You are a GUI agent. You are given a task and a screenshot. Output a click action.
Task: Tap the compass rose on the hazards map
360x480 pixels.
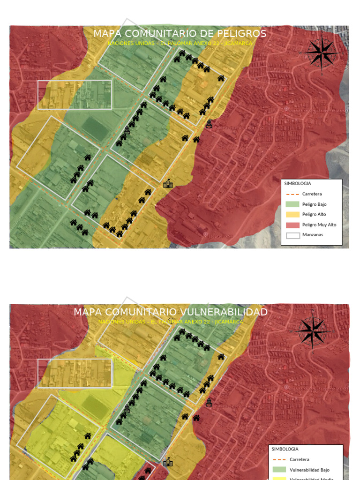322,53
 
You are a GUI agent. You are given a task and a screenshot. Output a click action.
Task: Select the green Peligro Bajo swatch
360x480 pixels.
292,204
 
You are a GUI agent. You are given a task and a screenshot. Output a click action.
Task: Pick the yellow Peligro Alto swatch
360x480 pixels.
292,215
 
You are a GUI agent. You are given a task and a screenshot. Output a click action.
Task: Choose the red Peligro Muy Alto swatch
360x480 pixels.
292,225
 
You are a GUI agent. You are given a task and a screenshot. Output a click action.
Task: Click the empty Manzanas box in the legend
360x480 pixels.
292,235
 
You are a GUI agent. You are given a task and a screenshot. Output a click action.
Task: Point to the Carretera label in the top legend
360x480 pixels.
312,194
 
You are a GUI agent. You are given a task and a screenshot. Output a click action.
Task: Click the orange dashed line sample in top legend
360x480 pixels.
292,194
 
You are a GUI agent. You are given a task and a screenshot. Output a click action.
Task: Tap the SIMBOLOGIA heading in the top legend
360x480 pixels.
298,184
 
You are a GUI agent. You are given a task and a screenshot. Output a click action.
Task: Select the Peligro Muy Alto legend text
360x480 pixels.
319,225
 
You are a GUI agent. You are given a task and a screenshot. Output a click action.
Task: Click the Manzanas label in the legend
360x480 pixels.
313,235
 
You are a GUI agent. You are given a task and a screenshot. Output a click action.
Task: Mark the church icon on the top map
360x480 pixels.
209,124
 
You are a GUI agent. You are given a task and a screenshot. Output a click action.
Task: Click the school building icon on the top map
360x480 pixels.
168,184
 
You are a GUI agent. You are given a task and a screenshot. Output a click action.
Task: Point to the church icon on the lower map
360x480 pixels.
209,403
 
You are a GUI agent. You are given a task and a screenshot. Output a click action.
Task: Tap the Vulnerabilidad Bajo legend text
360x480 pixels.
309,470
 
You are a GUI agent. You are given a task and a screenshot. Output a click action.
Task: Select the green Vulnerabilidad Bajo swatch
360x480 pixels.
280,470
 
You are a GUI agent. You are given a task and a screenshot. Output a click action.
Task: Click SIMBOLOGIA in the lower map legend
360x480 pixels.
285,449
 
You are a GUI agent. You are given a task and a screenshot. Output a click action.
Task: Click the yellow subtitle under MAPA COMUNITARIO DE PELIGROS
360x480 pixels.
180,43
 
